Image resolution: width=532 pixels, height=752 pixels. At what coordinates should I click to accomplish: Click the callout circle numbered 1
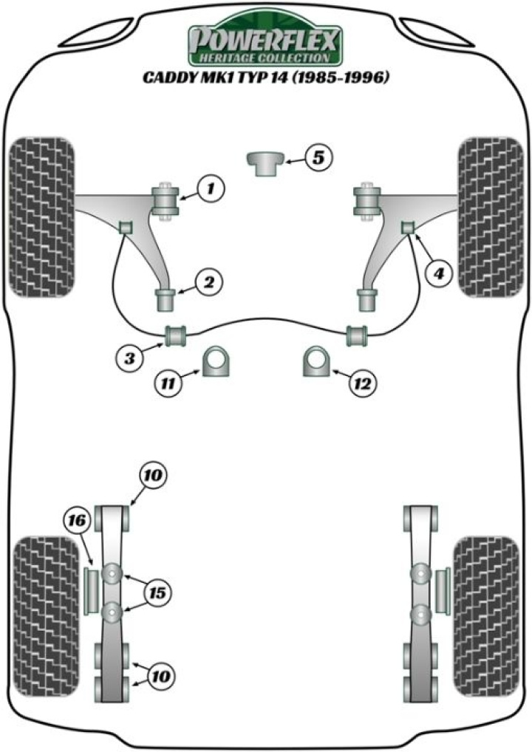211,190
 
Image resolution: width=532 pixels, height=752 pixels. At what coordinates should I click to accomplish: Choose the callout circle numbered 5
318,157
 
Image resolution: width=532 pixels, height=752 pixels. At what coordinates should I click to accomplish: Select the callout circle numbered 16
78,522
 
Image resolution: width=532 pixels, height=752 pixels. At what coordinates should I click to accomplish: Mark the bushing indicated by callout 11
218,362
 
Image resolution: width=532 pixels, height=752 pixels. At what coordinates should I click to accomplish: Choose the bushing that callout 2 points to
168,300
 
